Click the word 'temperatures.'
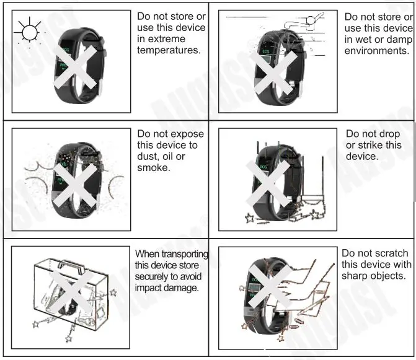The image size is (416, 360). coord(169,50)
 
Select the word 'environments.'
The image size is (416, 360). coord(376,51)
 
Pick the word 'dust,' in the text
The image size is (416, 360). coord(149,157)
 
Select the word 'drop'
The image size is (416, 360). coord(391,134)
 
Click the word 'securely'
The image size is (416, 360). coord(152,276)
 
